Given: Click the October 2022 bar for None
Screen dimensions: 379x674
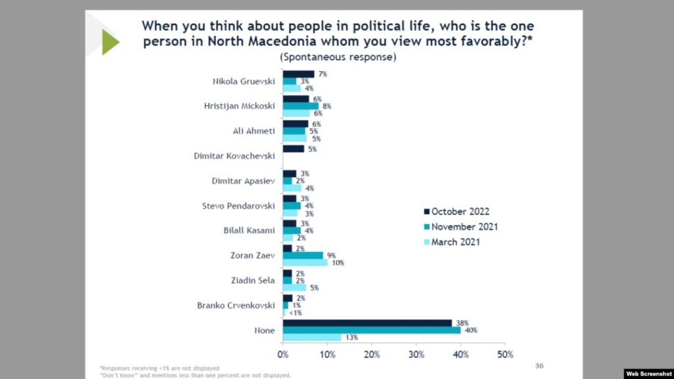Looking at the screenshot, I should coord(367,323).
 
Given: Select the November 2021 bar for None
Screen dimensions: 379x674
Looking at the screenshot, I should coord(372,330).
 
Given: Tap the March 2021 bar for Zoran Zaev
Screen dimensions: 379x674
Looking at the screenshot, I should coord(305,263).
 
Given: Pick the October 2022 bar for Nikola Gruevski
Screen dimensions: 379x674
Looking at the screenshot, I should coord(298,74).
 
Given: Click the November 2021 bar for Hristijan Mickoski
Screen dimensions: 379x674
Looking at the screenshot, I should coord(301,106).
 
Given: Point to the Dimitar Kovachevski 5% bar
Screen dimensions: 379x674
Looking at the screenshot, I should coord(294,149).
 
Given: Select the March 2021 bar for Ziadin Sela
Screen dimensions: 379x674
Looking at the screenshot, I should coord(294,288).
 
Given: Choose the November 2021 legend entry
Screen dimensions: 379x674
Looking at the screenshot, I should coord(464,226).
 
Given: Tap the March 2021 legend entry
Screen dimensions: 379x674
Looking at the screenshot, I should coord(456,241).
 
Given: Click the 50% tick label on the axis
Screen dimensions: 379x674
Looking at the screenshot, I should coord(505,355).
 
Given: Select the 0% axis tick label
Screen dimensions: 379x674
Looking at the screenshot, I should coord(282,355).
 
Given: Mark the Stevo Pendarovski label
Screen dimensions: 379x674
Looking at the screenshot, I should coord(238,206).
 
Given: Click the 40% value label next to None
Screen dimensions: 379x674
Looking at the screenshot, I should coord(471,330).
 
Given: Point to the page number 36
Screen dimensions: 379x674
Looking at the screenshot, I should coord(540,365).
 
